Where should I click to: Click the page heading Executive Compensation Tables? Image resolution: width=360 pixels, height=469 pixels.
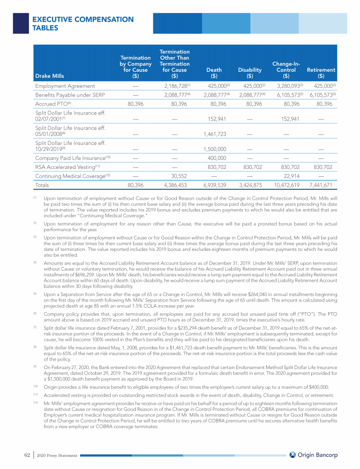coord(82,23)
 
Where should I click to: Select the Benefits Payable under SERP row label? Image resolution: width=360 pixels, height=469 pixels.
coord(70,95)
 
